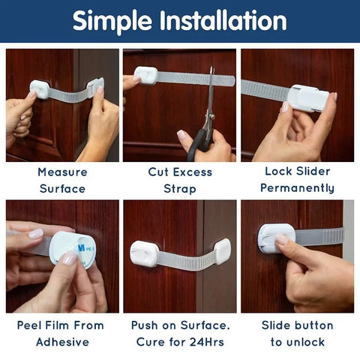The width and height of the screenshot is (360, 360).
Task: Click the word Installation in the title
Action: [x=223, y=21]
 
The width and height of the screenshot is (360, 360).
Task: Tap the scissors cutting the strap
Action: [x=205, y=120]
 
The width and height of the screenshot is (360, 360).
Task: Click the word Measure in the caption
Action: [x=62, y=172]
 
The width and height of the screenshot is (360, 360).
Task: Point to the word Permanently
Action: [x=297, y=188]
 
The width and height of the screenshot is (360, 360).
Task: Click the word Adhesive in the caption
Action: [x=62, y=342]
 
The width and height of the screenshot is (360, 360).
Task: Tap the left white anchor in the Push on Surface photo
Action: [x=144, y=253]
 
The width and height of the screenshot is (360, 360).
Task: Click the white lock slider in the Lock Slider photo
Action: [x=307, y=100]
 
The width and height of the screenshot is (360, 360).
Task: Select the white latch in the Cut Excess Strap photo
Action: [x=146, y=75]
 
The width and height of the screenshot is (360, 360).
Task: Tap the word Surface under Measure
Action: [x=62, y=188]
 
